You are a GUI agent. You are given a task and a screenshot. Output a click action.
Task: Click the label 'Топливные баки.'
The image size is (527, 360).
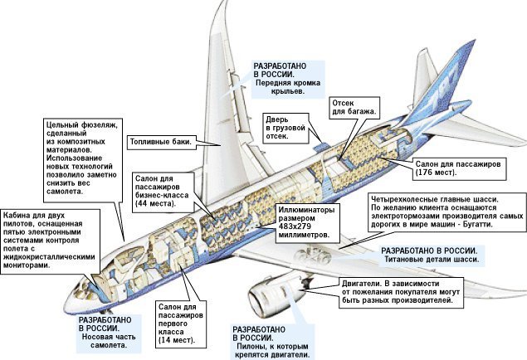coord(161,142)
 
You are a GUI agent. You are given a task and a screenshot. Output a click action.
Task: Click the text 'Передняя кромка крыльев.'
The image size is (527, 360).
coord(290,91)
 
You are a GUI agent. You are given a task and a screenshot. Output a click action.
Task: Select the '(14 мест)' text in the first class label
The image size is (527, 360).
coord(176,339)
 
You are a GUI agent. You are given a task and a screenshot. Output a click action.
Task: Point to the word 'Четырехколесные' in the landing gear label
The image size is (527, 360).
coord(408,199)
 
